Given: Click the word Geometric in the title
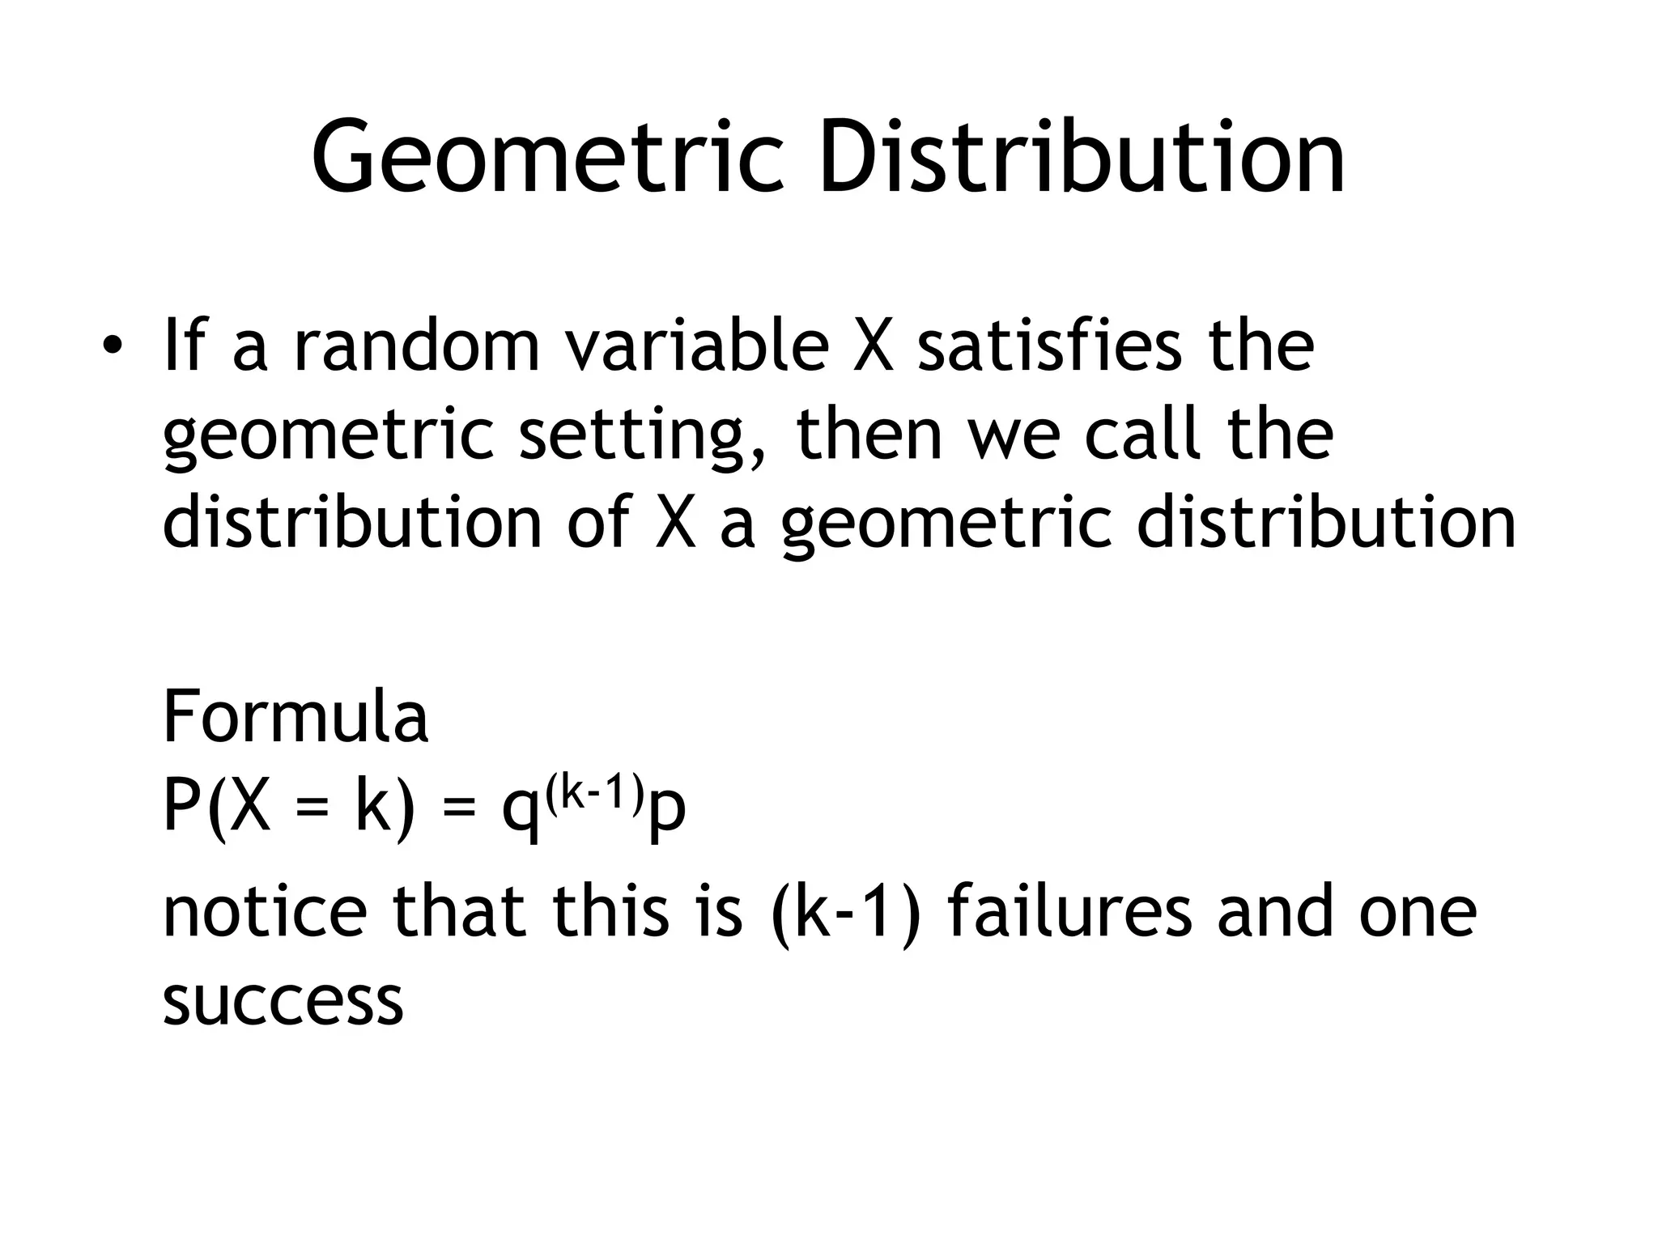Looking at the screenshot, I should [x=547, y=157].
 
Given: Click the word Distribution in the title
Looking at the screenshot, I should [x=1082, y=157].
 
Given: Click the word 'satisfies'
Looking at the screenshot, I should [x=1049, y=346].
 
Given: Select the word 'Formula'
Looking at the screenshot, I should [x=295, y=717].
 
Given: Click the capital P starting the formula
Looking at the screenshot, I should [x=181, y=806].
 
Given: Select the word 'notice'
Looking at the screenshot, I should [x=265, y=911].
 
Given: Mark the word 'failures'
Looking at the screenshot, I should [x=1069, y=911].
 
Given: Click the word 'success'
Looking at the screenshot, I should [x=283, y=1002].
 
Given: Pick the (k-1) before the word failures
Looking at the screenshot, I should [x=847, y=913].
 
